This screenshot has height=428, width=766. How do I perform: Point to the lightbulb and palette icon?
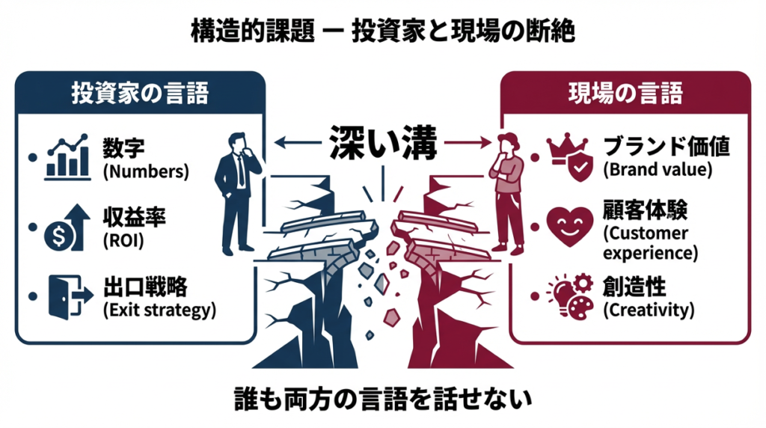[x=566, y=294]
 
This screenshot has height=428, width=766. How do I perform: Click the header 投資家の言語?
[x=140, y=94]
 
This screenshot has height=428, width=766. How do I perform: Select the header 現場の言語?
[x=626, y=94]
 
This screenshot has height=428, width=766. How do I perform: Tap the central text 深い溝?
[x=384, y=141]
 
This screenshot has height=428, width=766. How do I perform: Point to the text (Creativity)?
[x=649, y=308]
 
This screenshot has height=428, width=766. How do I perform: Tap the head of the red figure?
[x=508, y=142]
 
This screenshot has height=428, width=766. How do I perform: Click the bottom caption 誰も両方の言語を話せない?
[x=382, y=396]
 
